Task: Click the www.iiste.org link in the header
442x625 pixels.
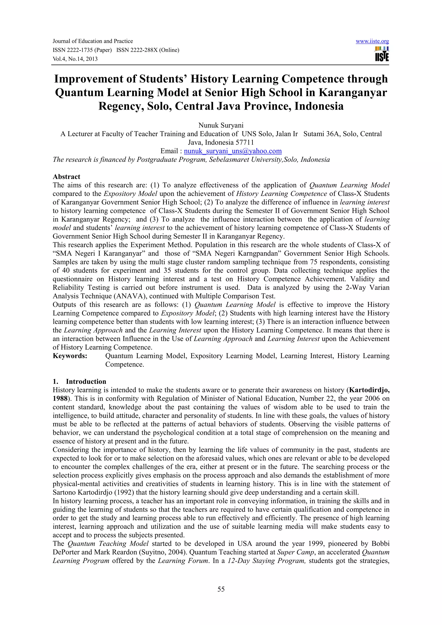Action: click(x=372, y=41)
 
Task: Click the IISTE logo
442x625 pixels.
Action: click(x=382, y=54)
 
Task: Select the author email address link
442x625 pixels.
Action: click(x=233, y=151)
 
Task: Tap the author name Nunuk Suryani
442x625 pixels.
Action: click(x=221, y=125)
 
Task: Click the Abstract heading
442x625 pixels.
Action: click(x=66, y=176)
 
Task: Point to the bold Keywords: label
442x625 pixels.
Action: click(x=70, y=356)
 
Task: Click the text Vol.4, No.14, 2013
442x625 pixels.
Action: click(x=75, y=59)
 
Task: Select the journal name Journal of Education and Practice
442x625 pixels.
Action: click(x=93, y=41)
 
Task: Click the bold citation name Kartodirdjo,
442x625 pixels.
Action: click(x=369, y=390)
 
